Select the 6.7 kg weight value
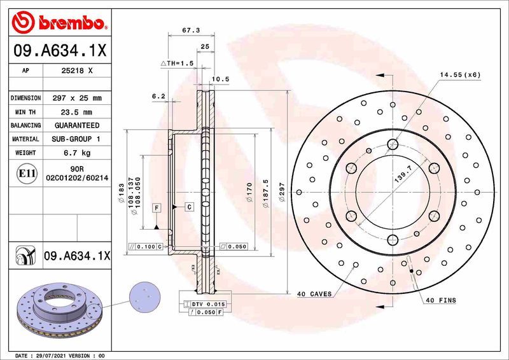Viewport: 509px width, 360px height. (76, 153)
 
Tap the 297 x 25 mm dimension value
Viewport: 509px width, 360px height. (76, 98)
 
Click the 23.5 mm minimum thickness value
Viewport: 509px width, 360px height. (76, 112)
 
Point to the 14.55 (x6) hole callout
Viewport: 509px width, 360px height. (460, 74)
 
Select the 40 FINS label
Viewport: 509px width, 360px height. (441, 300)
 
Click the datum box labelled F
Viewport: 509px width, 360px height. (155, 207)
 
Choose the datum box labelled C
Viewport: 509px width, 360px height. (189, 207)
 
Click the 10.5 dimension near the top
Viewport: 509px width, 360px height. (220, 79)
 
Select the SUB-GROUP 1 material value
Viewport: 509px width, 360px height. (76, 139)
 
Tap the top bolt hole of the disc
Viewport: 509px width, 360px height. (393, 144)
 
